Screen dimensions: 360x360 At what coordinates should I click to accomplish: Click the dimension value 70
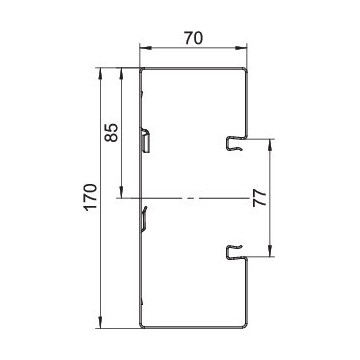click(193, 39)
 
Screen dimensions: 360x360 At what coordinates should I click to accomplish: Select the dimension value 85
click(112, 133)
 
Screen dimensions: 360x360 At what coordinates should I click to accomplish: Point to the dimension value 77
click(259, 198)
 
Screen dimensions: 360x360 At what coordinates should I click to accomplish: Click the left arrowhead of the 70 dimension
click(145, 48)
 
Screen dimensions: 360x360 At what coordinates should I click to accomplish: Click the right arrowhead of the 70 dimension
click(241, 48)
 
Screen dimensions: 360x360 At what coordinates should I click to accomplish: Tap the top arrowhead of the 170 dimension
click(100, 74)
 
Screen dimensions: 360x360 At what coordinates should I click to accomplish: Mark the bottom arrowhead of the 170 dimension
click(100, 322)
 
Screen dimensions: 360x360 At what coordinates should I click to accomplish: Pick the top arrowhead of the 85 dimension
click(121, 74)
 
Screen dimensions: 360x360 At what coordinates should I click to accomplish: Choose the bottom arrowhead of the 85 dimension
click(121, 192)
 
